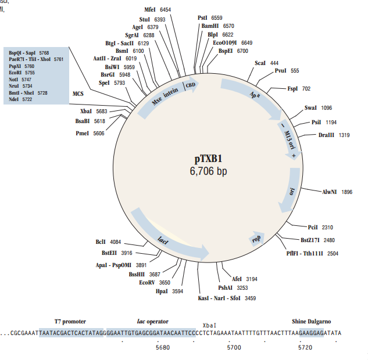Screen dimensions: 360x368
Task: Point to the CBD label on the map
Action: tap(190, 87)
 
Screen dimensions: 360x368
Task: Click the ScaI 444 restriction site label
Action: tap(266, 63)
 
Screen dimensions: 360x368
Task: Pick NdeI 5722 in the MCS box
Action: tap(20, 99)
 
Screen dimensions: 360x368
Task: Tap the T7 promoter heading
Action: tap(70, 321)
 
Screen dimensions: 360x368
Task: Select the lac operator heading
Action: tap(152, 321)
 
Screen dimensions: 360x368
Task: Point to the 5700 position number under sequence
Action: tap(234, 347)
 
